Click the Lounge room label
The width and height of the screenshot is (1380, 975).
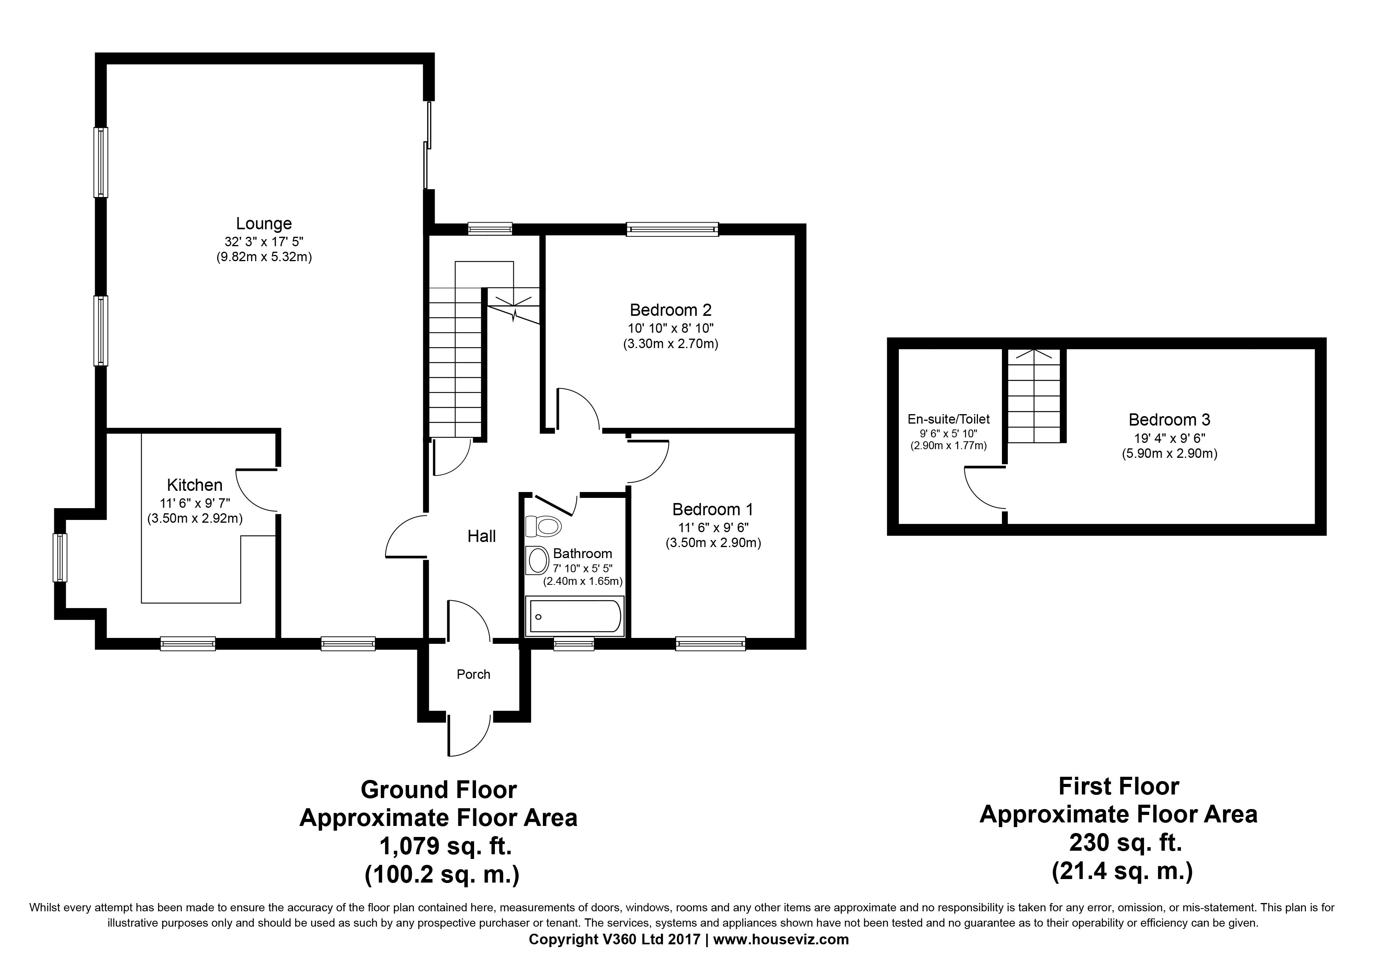(264, 223)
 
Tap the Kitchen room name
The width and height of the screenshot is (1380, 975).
(195, 485)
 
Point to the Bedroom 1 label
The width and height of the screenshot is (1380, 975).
(713, 509)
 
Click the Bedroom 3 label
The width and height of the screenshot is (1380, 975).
(1170, 420)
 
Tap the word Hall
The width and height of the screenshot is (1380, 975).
(482, 536)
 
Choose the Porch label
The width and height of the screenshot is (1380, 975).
(474, 675)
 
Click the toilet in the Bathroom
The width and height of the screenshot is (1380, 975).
(543, 526)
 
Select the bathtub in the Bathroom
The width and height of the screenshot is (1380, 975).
(575, 616)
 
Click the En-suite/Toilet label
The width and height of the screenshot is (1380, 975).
(948, 419)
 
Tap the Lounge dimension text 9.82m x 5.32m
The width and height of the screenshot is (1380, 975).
(264, 258)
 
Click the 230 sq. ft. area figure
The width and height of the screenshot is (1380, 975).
(1126, 843)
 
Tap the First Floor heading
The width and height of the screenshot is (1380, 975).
(1119, 786)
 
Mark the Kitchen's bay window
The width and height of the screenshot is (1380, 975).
(60, 557)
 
